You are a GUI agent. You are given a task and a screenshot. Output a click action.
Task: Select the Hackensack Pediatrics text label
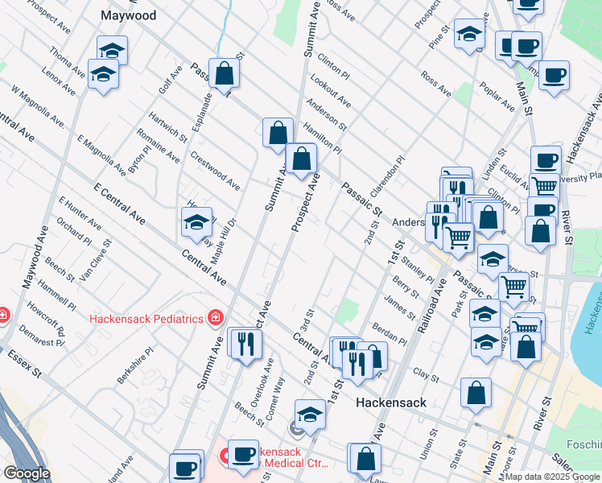(146, 318)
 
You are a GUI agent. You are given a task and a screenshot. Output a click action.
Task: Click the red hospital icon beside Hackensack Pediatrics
(215, 317)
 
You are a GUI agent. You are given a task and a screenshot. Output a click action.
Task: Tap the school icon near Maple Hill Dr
(196, 221)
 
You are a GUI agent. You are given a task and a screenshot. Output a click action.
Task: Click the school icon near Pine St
(469, 34)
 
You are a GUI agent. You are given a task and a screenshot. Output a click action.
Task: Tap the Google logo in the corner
(27, 473)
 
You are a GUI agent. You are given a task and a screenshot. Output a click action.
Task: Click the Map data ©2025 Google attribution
(552, 477)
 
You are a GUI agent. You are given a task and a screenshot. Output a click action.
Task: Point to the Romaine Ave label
(157, 145)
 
